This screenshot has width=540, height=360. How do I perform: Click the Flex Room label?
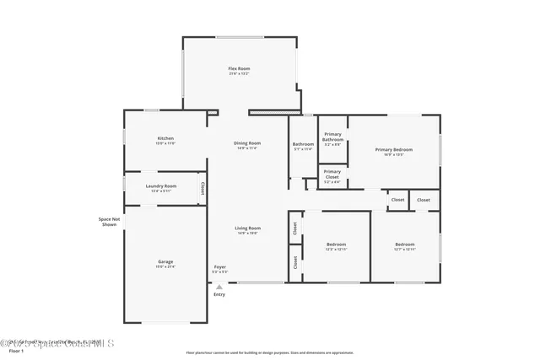click(x=239, y=68)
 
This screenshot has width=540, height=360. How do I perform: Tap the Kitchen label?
click(x=165, y=138)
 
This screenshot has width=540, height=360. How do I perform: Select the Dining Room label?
click(x=247, y=143)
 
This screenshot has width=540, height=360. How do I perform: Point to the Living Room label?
click(x=247, y=228)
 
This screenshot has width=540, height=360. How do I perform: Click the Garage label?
click(x=165, y=261)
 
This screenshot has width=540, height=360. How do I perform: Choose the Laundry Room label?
click(x=160, y=185)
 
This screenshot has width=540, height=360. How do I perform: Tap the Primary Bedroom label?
click(x=394, y=149)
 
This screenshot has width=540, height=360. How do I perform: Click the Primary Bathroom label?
click(x=332, y=137)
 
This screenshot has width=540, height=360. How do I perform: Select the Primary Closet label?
click(x=332, y=174)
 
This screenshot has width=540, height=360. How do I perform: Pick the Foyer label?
click(x=219, y=267)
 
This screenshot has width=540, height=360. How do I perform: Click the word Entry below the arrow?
click(x=219, y=294)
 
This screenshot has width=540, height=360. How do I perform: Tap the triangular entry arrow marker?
click(x=219, y=287)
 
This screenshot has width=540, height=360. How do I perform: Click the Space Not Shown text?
click(x=109, y=222)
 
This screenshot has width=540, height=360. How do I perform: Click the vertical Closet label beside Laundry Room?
click(x=202, y=189)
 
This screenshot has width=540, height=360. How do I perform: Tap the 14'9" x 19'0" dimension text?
click(x=247, y=233)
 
